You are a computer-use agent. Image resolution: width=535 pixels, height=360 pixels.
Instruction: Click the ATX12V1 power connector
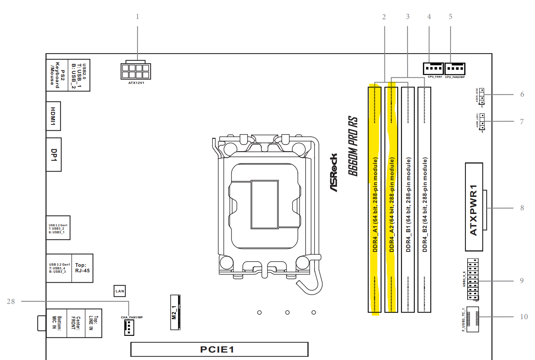coord(136,71)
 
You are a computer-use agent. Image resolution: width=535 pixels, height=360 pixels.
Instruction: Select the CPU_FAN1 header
coord(433,68)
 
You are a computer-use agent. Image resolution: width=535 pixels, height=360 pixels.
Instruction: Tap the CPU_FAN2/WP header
coord(455,69)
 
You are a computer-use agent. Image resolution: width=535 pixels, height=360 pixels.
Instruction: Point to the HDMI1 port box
coord(53,116)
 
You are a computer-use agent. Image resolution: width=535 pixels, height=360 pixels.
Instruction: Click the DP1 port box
coord(54,155)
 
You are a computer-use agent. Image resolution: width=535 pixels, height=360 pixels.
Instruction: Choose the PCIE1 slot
coord(219,349)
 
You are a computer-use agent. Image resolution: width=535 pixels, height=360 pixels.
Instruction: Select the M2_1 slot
coord(175,312)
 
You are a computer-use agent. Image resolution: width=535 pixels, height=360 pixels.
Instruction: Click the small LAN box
coord(120,291)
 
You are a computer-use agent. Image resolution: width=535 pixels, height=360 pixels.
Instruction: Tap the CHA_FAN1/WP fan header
coord(129,327)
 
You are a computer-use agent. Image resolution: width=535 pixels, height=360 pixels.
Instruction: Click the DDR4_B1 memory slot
coord(408,200)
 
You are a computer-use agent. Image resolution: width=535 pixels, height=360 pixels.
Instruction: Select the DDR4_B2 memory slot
coord(424,200)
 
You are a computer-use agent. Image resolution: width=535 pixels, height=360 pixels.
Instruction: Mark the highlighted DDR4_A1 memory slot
coord(375,200)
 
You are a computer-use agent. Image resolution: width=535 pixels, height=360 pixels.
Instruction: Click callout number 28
coord(11,301)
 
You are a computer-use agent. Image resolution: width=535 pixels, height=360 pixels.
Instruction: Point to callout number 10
coord(524,317)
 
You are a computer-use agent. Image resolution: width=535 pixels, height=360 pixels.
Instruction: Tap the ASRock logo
coord(334,172)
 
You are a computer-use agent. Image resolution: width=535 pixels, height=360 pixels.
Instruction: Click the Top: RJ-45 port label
coord(82,268)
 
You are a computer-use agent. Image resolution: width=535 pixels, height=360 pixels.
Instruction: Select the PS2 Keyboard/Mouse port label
coord(57,75)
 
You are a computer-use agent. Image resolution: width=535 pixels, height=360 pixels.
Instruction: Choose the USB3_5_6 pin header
coord(473,279)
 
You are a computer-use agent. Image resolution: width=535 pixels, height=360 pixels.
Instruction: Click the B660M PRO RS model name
coord(353,146)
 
